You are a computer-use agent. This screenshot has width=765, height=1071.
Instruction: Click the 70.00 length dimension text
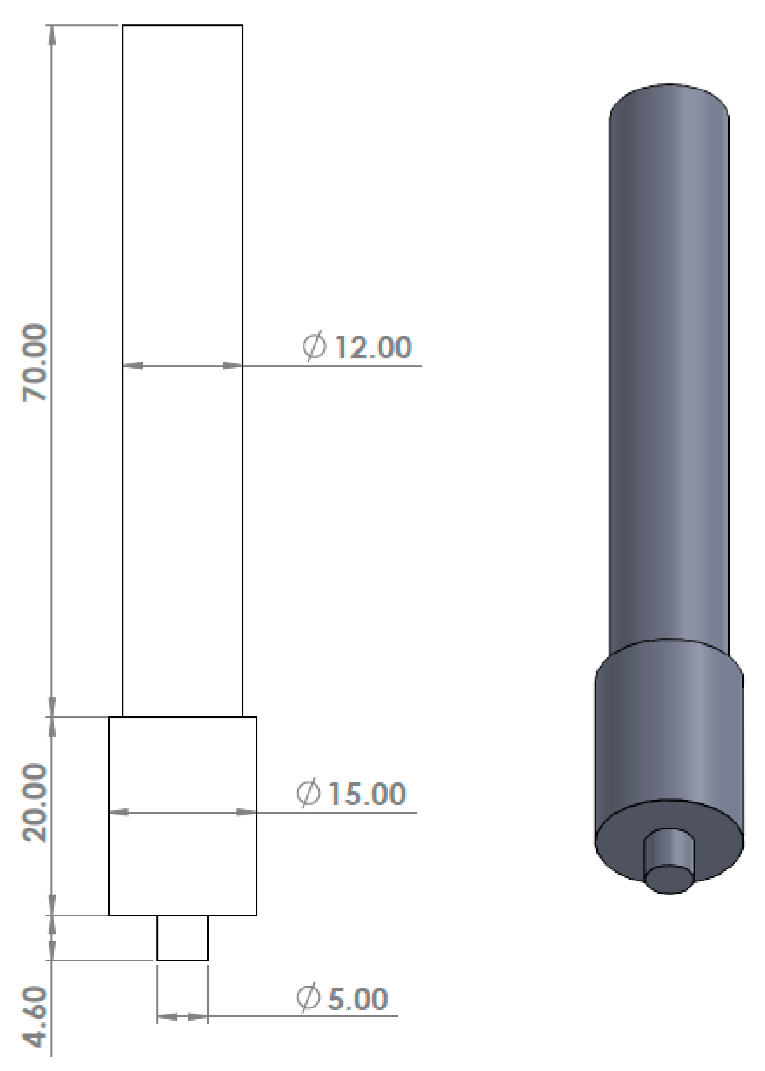pos(35,363)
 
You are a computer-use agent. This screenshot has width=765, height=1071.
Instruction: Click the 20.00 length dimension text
pos(35,803)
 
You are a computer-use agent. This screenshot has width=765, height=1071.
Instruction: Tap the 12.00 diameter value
pos(373,347)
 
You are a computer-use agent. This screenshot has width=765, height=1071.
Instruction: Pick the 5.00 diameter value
pos(358,999)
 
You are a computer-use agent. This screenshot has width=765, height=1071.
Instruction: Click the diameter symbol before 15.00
pos(308,793)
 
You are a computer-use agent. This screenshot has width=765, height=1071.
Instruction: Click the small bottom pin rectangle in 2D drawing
pos(183,938)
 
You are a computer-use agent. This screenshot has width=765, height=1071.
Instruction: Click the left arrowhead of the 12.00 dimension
pos(133,366)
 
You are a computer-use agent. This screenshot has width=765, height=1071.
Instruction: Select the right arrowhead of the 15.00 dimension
pos(246,813)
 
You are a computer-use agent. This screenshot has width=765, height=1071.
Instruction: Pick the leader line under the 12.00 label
pos(359,366)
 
